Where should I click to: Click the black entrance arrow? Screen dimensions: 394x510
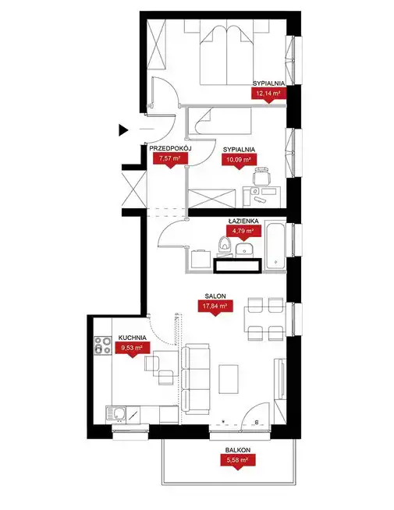tap(122, 130)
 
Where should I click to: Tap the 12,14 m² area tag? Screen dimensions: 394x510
tap(268, 94)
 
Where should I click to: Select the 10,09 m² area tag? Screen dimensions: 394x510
tap(240, 161)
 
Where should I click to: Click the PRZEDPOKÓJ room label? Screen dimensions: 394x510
tap(171, 148)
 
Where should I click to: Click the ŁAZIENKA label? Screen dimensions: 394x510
tap(243, 221)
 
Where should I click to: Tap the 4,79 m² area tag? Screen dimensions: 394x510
tap(243, 232)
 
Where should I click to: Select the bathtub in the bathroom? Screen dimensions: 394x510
tap(275, 245)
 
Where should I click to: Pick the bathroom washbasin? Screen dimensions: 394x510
tap(244, 250)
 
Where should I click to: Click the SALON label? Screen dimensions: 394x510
tap(215, 296)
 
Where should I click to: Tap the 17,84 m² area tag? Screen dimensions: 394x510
tap(215, 307)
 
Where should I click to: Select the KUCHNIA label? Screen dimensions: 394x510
tap(132, 338)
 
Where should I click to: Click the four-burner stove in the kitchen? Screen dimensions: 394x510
tap(103, 345)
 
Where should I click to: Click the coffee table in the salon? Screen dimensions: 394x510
tap(229, 379)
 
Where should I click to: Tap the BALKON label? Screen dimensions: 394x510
tap(238, 450)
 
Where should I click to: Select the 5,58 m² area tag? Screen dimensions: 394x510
tap(238, 462)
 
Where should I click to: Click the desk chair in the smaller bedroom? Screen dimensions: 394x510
tap(262, 176)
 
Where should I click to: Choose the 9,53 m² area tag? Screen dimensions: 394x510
tap(132, 349)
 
